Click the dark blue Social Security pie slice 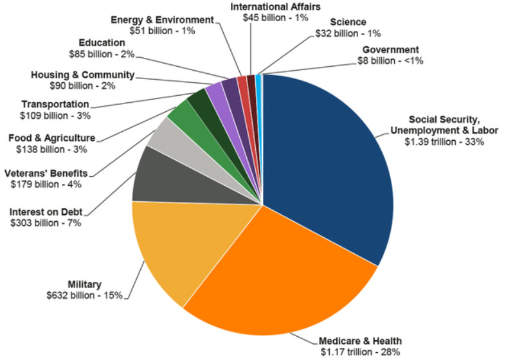[328, 161]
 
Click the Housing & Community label [82, 75]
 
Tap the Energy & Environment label [162, 20]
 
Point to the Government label [390, 50]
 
